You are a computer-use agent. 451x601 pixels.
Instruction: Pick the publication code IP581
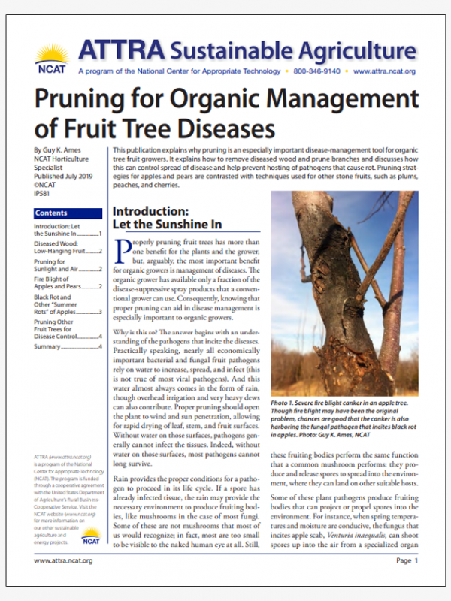[x=44, y=192]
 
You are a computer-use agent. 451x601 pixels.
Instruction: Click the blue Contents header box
[x=68, y=213]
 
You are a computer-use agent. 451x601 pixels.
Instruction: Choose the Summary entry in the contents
[x=49, y=346]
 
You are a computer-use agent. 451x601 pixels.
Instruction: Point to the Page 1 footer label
[x=407, y=560]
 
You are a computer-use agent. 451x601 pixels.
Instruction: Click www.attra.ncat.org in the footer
[x=64, y=560]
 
